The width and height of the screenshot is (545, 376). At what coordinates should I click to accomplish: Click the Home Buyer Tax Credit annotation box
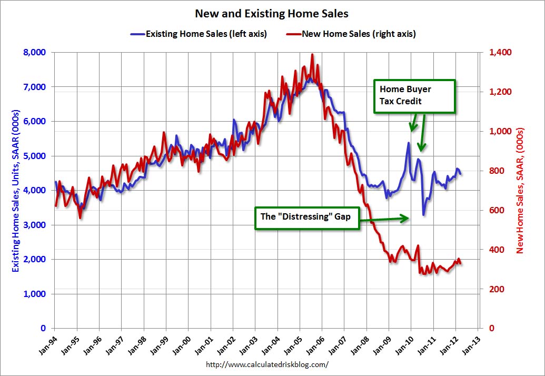pos(414,96)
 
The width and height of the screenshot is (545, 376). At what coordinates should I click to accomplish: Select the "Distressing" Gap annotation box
pos(306,217)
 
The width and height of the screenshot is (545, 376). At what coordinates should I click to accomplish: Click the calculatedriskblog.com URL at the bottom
pos(266,364)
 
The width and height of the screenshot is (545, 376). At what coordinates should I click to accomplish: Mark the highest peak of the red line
pos(312,54)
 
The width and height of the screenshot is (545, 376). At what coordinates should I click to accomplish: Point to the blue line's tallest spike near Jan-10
pos(408,143)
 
